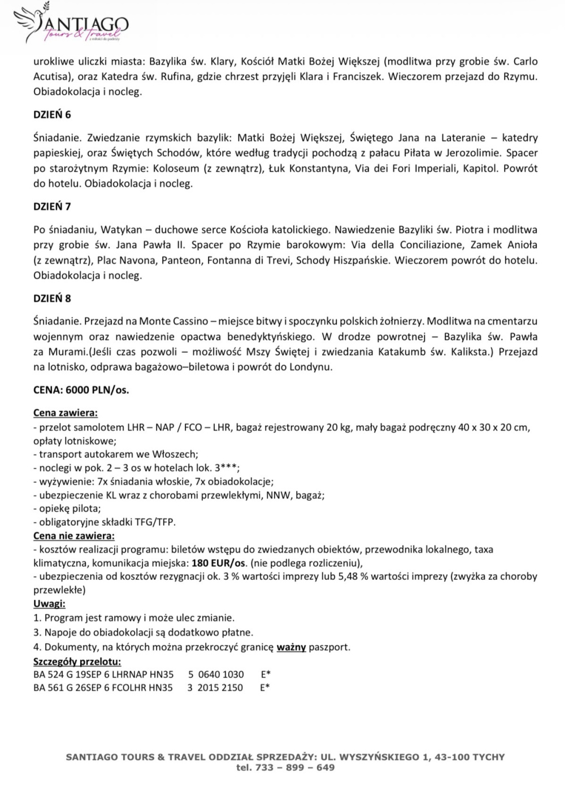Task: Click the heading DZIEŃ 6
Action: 52,115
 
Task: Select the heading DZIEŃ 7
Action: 52,207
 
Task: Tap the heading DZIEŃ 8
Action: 52,298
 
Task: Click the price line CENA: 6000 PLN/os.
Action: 81,390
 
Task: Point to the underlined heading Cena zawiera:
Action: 66,413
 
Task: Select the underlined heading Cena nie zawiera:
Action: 73,535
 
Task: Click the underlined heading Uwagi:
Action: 49,604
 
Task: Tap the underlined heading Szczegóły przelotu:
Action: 77,661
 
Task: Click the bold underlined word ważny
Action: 291,647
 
